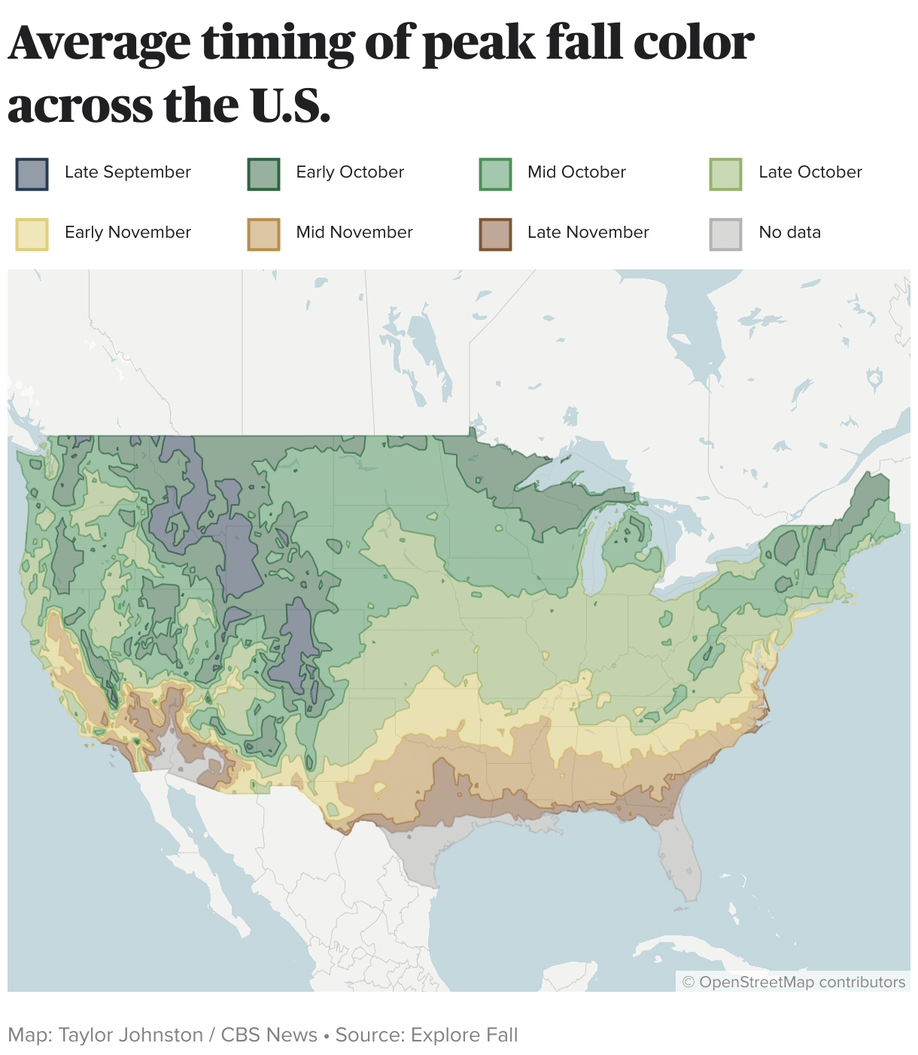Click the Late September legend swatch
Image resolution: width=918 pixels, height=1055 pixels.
coord(32,174)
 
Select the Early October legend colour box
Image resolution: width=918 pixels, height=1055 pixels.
coord(263,174)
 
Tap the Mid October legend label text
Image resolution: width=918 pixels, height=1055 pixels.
coord(576,172)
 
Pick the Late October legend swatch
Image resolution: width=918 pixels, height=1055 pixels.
coord(725,174)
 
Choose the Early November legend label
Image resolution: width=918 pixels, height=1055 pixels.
coord(127,233)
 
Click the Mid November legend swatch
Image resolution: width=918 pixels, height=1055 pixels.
coord(263,234)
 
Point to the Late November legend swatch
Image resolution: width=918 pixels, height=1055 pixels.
coord(495,234)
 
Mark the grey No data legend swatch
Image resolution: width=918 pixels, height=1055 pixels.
coord(725,234)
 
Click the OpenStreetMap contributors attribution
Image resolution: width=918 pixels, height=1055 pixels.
coord(793,982)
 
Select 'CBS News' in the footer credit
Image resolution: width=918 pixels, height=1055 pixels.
coord(269,1035)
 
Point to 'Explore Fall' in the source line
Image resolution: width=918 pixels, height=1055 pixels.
coord(464,1035)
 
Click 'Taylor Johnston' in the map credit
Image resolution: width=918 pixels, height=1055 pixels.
coord(130,1035)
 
